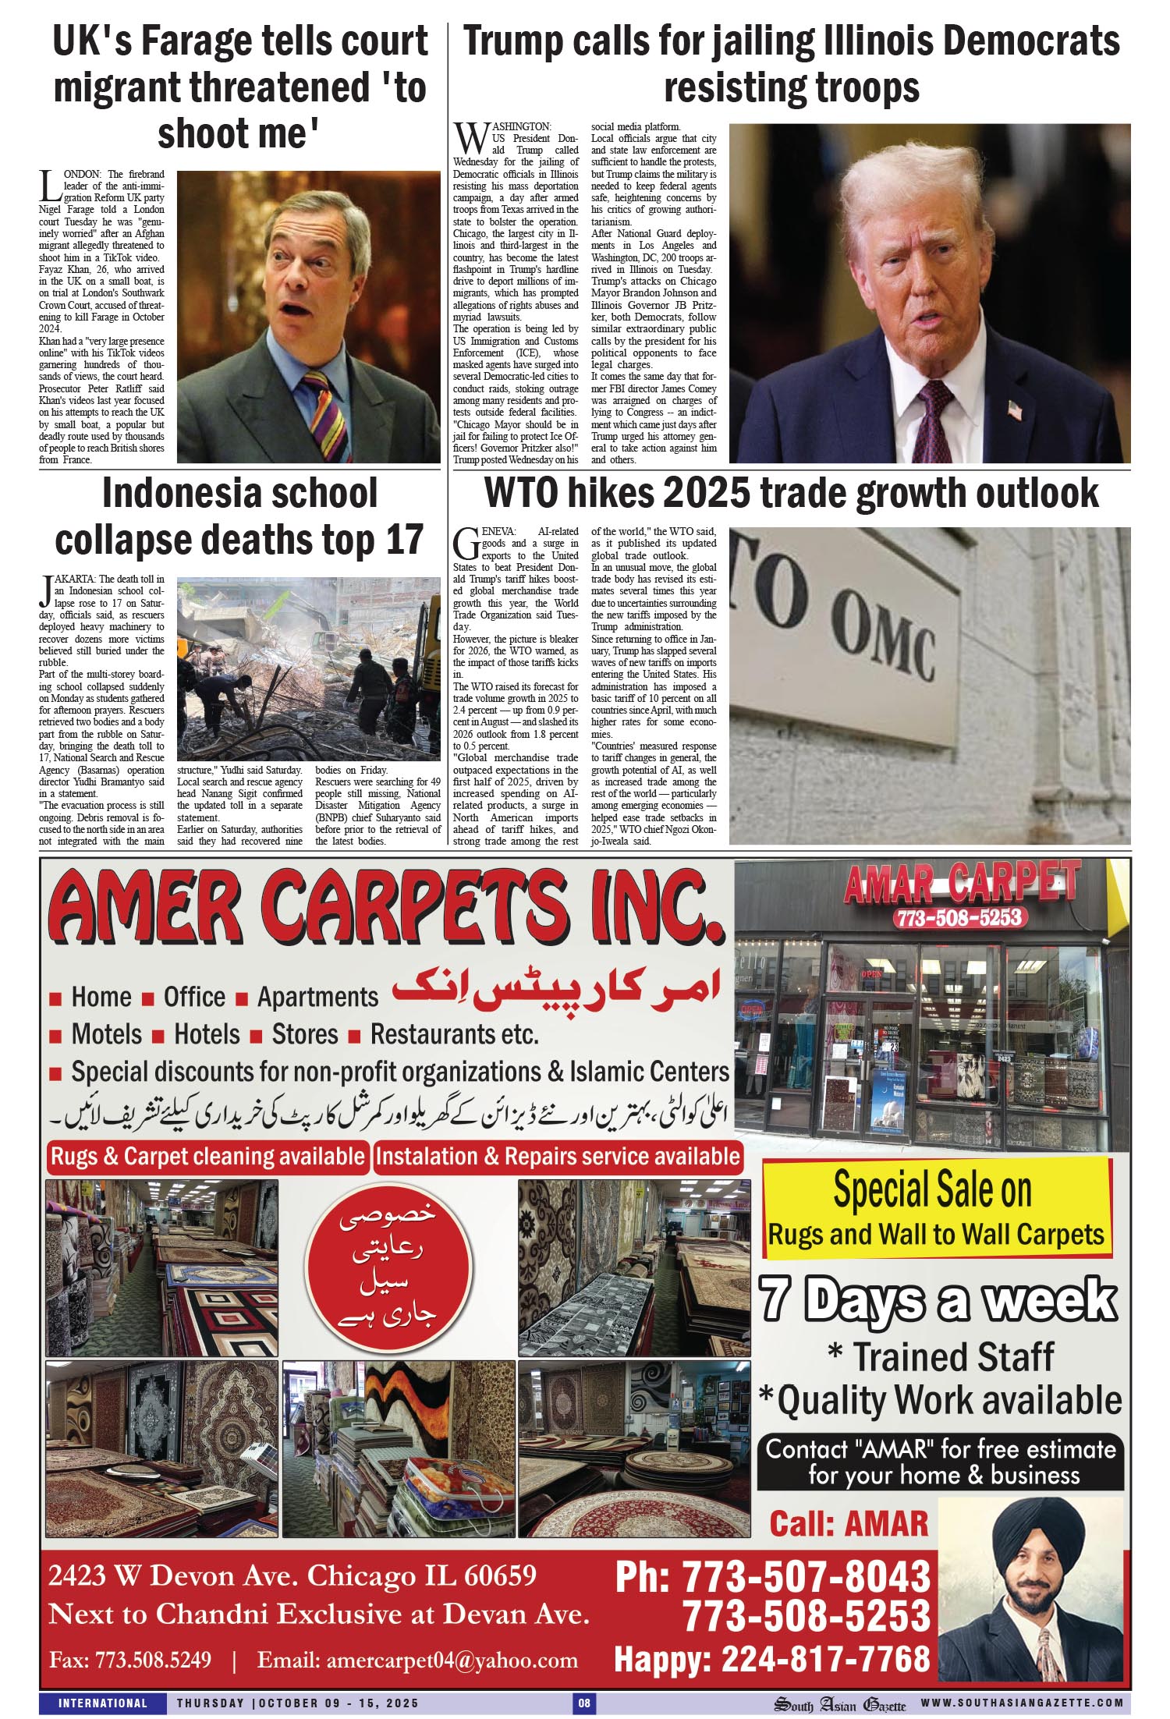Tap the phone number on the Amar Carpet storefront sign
959,916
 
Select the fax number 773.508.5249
153,1659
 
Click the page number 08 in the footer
583,1703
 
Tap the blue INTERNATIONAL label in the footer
103,1703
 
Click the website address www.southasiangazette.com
1022,1703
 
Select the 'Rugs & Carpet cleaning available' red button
207,1156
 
